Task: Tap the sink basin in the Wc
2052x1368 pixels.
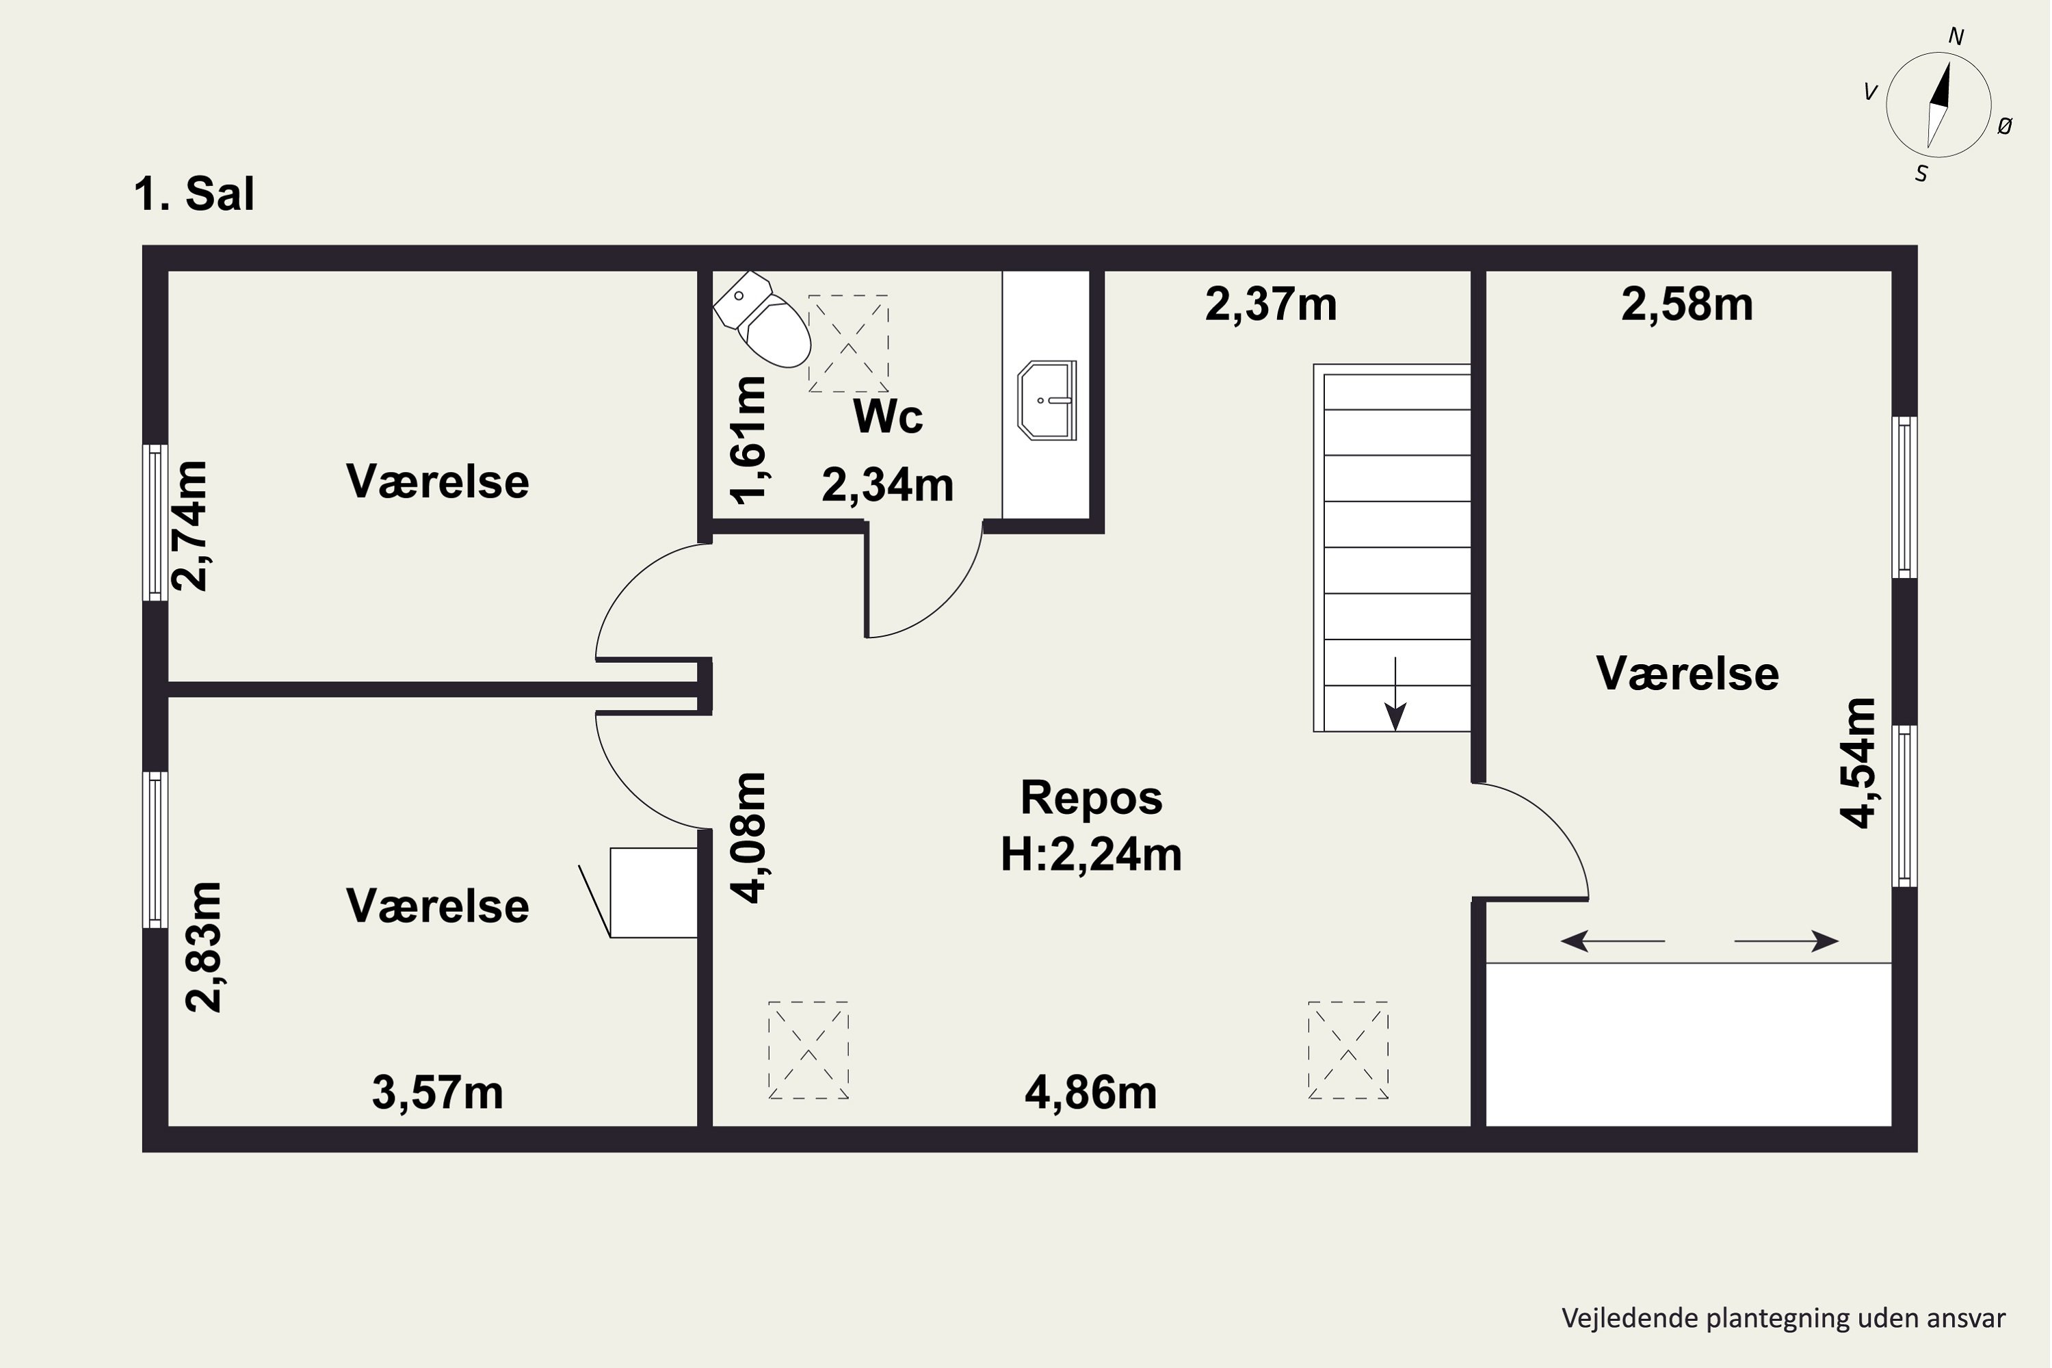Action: tap(1047, 400)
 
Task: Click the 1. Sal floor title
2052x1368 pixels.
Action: tap(194, 194)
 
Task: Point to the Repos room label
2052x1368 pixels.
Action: tap(1092, 797)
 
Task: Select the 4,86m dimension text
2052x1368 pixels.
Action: tap(1090, 1092)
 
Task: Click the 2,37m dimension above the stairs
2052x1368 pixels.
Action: tap(1271, 304)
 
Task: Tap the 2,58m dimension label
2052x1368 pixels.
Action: tap(1687, 304)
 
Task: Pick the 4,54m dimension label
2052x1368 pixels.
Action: tap(1858, 763)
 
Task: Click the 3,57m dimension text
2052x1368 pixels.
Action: tap(438, 1092)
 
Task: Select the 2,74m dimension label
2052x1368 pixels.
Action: tap(190, 526)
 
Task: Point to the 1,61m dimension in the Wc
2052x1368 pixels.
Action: tap(748, 440)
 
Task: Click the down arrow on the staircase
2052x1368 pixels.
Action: tap(1396, 694)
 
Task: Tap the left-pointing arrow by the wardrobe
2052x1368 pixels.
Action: tap(1612, 941)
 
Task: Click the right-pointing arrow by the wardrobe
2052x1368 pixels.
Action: tap(1787, 941)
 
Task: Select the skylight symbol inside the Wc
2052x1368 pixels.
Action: tap(848, 344)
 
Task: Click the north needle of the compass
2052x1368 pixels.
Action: tap(1941, 88)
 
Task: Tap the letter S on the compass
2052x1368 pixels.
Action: tap(1921, 174)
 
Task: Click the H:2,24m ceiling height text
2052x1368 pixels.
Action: tap(1092, 854)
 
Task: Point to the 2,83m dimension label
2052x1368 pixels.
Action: tap(204, 947)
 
